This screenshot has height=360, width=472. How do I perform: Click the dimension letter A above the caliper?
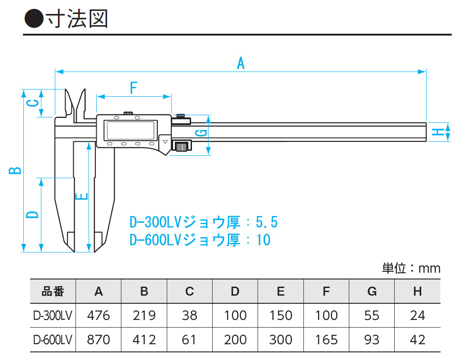[241, 63]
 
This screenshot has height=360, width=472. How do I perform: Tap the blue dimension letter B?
[15, 170]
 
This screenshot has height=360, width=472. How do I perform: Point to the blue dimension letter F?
[133, 88]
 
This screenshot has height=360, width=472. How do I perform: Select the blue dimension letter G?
[202, 133]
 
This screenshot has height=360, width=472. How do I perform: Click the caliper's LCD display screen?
[130, 130]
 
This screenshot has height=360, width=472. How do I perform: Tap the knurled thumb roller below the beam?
[181, 146]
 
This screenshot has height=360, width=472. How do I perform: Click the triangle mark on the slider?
[165, 142]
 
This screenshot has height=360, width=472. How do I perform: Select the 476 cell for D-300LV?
[98, 315]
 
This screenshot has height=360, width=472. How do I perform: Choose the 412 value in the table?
[144, 339]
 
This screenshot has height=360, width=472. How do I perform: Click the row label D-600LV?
[53, 339]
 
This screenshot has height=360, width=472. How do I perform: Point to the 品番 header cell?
[53, 292]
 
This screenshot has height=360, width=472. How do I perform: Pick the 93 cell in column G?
[372, 339]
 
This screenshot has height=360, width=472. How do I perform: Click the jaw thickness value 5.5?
[267, 222]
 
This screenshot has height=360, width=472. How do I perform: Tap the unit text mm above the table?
[429, 269]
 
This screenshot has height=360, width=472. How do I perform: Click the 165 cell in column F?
[326, 339]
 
